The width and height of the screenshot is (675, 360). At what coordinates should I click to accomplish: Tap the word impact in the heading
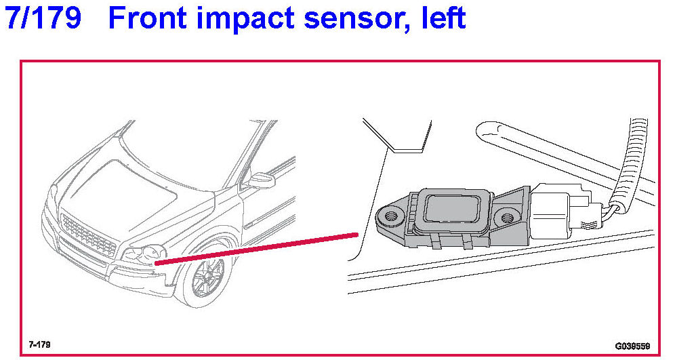tap(244, 19)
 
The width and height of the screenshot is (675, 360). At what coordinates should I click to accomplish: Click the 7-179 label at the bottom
tap(39, 344)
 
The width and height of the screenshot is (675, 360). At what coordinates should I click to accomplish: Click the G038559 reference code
tap(632, 346)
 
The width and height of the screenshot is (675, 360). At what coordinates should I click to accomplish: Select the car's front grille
tap(88, 235)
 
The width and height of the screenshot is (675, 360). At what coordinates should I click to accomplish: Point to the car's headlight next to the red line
tap(144, 254)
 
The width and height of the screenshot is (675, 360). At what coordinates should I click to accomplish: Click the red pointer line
tap(257, 248)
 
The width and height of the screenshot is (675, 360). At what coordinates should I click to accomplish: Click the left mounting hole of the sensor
tap(391, 216)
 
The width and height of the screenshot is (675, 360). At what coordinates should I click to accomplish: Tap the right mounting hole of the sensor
tap(507, 217)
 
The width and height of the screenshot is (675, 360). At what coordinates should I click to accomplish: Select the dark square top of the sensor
tap(451, 208)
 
